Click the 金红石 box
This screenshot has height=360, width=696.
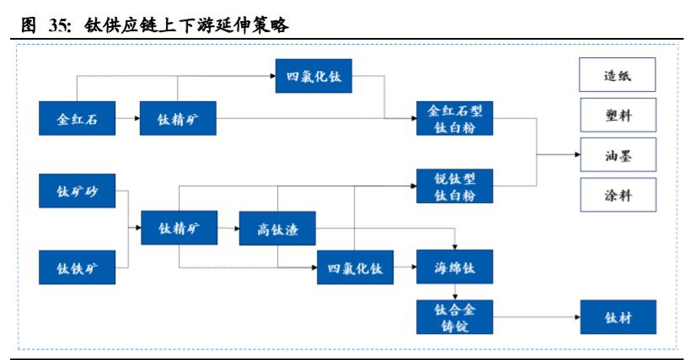point(78,119)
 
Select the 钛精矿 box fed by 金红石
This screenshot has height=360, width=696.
point(179,119)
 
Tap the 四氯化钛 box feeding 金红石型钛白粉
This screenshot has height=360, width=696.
point(313,78)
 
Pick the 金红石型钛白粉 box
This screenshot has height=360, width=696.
point(455,119)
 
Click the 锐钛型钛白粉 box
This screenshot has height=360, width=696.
point(455,186)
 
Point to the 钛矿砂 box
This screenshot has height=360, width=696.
point(78,191)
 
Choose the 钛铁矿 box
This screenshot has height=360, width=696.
point(78,268)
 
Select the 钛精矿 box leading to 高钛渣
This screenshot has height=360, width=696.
point(179,228)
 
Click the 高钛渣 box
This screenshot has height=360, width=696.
point(276,228)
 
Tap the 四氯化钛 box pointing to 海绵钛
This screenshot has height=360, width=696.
point(355,268)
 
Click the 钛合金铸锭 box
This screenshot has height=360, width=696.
point(455,317)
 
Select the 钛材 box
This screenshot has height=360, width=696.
point(618,318)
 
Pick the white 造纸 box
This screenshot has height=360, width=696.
point(618,76)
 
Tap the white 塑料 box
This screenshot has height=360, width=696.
point(618,116)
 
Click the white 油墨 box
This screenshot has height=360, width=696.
point(618,155)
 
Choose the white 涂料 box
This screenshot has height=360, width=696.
point(618,195)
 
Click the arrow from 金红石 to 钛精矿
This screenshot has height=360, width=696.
point(128,119)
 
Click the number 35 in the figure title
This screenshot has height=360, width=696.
point(58,25)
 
